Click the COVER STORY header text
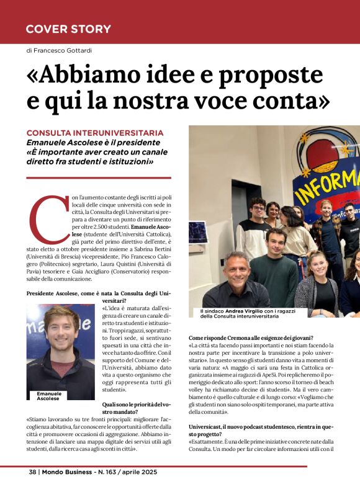68,29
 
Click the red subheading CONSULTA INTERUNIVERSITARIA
95,133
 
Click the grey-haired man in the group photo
237,271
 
